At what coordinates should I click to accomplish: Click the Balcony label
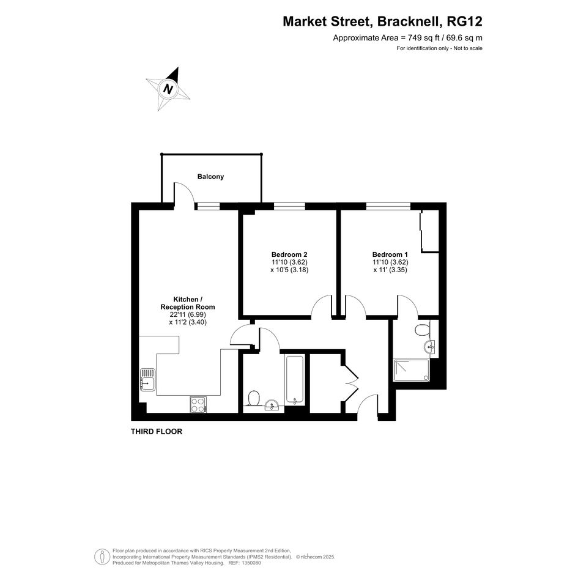coord(210,177)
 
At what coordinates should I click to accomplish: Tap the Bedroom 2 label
coord(289,254)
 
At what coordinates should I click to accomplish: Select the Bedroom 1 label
coord(390,254)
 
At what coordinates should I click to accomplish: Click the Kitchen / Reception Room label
coord(188,303)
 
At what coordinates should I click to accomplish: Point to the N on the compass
coord(169,89)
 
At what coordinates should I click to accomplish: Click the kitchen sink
coord(147,380)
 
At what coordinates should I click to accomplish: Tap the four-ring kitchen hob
coord(198,404)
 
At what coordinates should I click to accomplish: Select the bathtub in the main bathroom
coord(295,380)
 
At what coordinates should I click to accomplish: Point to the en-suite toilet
coord(423,329)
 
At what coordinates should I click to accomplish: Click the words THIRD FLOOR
coord(157,431)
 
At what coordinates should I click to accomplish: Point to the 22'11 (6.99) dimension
coord(188,314)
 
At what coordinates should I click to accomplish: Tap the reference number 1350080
coord(250,563)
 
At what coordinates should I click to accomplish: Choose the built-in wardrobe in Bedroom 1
coord(430,231)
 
